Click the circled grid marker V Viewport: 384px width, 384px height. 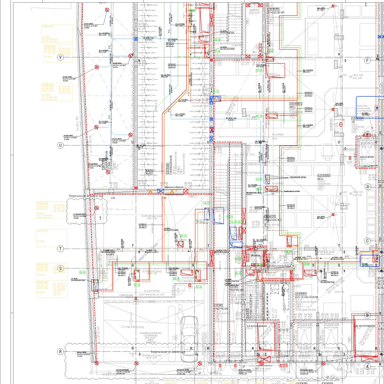[60, 57]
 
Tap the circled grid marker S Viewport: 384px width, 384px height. [60, 268]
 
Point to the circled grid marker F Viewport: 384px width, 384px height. [368, 60]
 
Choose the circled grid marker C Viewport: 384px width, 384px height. [368, 241]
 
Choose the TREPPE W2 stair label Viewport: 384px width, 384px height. [221, 309]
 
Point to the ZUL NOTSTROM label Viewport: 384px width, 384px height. [256, 327]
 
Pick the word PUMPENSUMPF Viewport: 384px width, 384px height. [126, 295]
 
